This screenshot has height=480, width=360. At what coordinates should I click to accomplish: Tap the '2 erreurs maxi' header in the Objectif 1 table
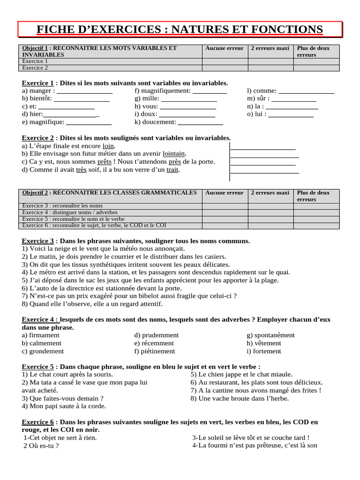click(270, 48)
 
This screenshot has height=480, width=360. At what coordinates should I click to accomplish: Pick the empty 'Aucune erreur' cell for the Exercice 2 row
click(225, 68)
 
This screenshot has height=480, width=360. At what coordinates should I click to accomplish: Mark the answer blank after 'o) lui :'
click(291, 114)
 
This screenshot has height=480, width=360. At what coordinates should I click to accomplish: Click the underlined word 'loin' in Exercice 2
click(108, 146)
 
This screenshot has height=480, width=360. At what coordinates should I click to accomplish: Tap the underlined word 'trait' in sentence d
click(172, 170)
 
